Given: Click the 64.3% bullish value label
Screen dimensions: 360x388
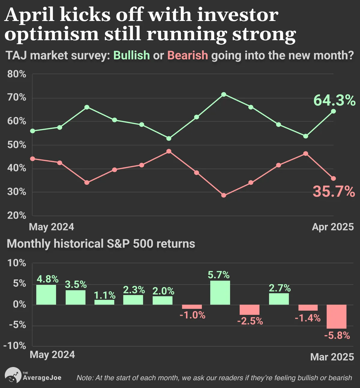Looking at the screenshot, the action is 334,101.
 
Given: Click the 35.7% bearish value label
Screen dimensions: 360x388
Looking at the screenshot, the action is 334,192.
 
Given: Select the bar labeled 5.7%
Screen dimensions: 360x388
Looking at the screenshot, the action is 220,292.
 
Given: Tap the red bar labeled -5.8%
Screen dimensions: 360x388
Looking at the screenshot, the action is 337,317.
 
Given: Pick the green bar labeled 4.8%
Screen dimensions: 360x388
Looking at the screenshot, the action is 46,295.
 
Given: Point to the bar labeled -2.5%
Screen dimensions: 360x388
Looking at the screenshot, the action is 250,310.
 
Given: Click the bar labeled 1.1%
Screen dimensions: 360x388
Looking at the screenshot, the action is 104,302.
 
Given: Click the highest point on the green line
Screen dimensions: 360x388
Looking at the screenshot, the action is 224,94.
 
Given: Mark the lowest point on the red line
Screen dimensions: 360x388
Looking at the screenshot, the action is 224,195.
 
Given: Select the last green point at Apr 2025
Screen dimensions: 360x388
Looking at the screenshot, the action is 333,111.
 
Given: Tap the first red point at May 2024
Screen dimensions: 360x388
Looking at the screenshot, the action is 33,159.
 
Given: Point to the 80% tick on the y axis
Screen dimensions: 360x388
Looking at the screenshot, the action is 16,74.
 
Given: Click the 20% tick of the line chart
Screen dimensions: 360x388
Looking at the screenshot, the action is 16,216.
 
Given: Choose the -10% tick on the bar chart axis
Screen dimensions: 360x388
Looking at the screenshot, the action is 15,346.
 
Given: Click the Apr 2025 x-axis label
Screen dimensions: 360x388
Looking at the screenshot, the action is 333,227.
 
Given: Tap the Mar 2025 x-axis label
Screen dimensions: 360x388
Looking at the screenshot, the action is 332,357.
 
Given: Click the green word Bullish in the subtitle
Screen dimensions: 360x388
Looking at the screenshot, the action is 132,55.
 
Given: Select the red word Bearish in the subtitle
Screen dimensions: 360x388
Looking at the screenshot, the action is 187,55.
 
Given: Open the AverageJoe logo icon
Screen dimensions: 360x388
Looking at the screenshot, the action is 13,375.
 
